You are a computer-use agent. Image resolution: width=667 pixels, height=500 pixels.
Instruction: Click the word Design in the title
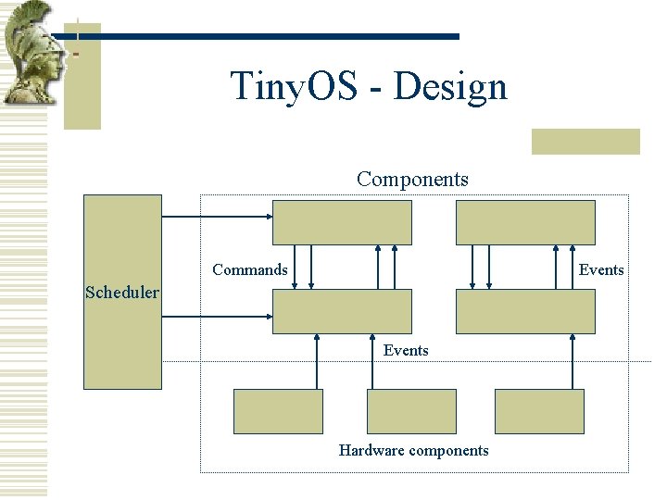450,87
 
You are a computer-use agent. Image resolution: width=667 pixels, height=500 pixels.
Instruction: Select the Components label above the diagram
412,179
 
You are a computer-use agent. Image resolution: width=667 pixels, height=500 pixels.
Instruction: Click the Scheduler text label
121,293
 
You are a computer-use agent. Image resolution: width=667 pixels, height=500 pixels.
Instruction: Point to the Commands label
249,269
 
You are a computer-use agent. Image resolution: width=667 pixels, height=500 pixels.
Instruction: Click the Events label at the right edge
601,269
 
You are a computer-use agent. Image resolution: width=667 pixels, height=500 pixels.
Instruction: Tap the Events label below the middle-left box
406,350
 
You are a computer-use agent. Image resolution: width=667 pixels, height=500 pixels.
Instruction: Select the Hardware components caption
413,450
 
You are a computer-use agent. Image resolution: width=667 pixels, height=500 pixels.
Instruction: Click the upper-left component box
342,222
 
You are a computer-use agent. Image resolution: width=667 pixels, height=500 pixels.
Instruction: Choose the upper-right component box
525,222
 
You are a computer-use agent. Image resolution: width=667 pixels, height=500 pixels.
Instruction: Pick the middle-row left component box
342,311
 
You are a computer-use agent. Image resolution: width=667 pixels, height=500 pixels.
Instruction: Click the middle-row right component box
525,311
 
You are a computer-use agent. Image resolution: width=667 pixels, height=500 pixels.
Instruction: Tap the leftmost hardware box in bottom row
278,411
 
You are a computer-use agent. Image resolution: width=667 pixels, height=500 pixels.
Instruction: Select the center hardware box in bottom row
412,411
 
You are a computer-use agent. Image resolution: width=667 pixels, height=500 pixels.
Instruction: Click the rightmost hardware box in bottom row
539,411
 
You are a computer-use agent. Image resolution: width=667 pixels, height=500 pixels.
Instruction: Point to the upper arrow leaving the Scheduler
217,217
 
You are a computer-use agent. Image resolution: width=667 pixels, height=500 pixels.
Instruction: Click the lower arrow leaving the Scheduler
217,317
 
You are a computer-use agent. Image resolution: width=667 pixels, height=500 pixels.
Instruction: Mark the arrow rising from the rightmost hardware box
565,361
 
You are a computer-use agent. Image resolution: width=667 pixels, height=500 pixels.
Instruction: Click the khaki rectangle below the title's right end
585,141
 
